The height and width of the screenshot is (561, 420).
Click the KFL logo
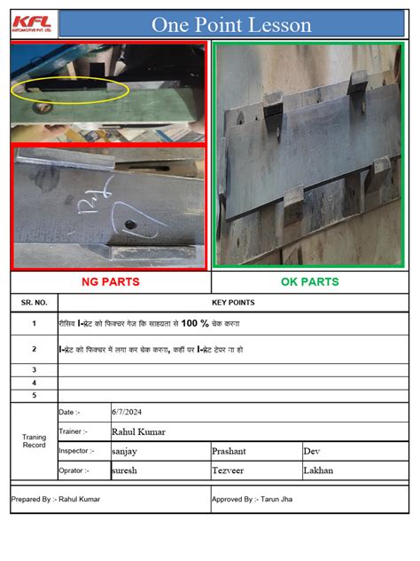click(32, 23)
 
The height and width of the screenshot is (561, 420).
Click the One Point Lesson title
click(231, 25)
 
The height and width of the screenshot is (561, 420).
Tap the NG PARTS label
click(111, 282)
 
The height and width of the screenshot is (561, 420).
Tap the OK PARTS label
click(309, 282)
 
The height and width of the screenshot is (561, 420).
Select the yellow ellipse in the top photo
click(70, 89)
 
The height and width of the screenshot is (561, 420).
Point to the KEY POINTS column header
click(233, 303)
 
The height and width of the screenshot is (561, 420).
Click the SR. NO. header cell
click(34, 303)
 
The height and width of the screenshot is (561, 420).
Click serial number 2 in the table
click(34, 349)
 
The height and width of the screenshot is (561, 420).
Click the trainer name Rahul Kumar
click(138, 431)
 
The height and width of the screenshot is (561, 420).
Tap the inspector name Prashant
click(229, 451)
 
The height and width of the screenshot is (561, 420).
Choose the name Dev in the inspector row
click(311, 451)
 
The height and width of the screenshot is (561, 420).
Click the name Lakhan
click(318, 470)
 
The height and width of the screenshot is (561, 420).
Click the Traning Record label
click(34, 440)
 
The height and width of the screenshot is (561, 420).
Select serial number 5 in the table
click(34, 395)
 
